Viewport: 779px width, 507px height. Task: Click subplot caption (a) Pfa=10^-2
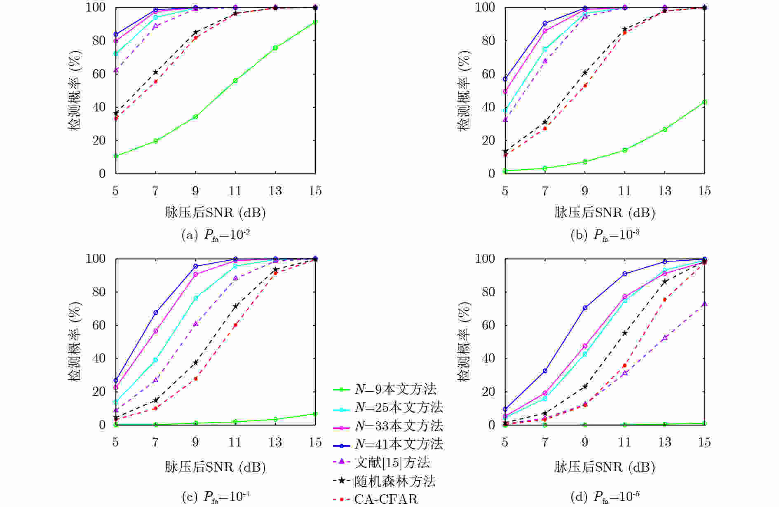click(x=216, y=235)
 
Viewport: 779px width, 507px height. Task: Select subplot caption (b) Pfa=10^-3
click(x=605, y=235)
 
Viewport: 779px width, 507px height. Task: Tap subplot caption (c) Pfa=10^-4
click(x=216, y=497)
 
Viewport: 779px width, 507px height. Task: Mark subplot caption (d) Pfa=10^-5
click(x=605, y=497)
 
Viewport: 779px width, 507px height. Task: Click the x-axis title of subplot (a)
click(x=215, y=213)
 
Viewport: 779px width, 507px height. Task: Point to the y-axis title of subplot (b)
click(x=465, y=91)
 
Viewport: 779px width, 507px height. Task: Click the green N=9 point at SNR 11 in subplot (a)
click(x=235, y=81)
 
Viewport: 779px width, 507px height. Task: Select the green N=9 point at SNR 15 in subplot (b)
click(x=704, y=102)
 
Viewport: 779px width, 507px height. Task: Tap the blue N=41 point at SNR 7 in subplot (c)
click(x=156, y=313)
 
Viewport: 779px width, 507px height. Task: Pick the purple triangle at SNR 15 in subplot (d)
click(x=704, y=304)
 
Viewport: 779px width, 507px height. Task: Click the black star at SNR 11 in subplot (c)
click(x=235, y=306)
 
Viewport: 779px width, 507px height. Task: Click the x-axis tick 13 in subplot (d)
click(x=664, y=442)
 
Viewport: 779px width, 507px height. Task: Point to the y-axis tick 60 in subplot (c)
click(x=96, y=325)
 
